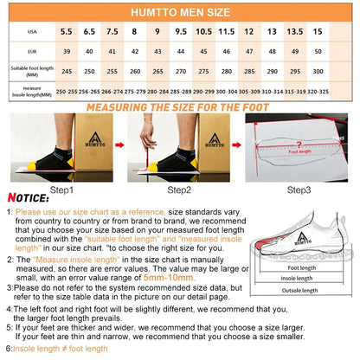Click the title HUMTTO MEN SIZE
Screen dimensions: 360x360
[180, 13]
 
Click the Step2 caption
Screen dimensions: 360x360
[180, 189]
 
